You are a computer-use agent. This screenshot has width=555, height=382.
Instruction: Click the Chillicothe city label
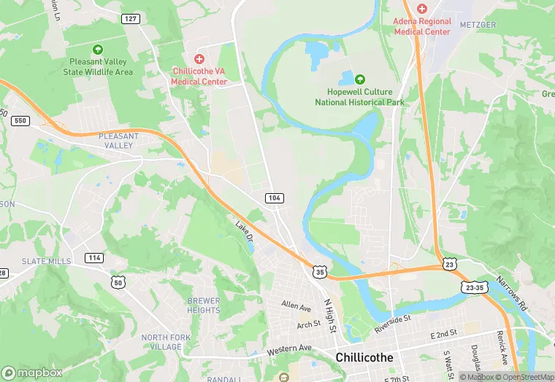(x=364, y=357)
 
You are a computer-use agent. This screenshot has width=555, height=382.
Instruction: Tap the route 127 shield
(x=131, y=19)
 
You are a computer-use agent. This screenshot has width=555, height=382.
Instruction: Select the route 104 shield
(x=274, y=198)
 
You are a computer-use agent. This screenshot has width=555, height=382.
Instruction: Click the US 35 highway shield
(x=319, y=271)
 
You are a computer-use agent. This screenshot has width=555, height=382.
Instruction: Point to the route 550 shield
(x=20, y=121)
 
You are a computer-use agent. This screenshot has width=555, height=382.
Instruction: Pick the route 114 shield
(x=93, y=258)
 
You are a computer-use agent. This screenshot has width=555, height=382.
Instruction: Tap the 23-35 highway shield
(x=475, y=288)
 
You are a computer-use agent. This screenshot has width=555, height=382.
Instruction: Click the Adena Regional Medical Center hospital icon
(x=421, y=8)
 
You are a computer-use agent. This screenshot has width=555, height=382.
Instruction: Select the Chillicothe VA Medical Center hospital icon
(x=199, y=58)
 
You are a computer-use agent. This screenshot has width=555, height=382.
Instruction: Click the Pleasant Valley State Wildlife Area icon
(x=97, y=50)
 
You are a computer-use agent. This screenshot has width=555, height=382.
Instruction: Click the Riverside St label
(x=393, y=324)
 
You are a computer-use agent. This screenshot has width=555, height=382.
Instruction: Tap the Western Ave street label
(x=289, y=350)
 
